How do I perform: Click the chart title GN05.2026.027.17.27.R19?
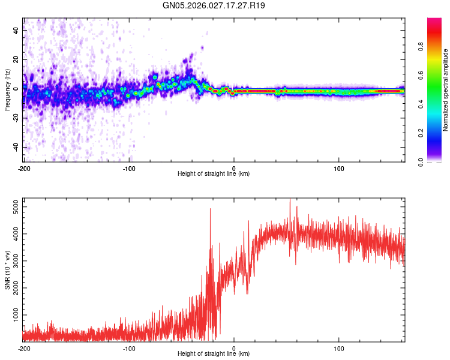click(214, 5)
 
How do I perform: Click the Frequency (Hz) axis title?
click(7, 90)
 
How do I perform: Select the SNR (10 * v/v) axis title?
click(7, 270)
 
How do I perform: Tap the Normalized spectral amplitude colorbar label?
click(446, 90)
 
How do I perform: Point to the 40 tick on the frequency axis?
click(16, 31)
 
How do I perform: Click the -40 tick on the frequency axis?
click(15, 147)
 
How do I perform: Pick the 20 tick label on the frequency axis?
click(16, 60)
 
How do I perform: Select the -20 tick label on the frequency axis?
click(15, 118)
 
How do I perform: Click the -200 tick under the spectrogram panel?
click(24, 168)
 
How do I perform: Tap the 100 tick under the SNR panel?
click(339, 348)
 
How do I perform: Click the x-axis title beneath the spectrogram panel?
click(214, 174)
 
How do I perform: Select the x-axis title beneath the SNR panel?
click(214, 354)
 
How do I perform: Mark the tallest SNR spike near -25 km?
click(210, 209)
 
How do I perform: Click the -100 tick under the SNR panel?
click(129, 348)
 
